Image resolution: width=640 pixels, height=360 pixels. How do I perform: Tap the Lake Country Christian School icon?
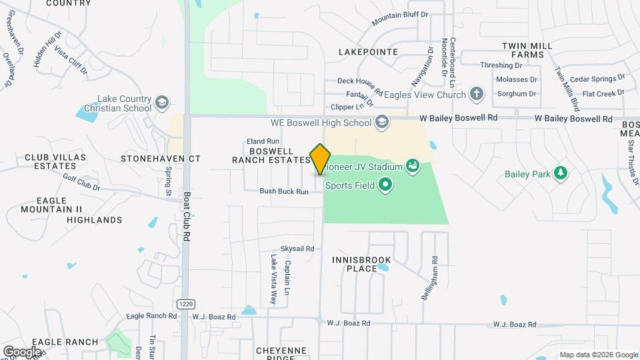point(161,103)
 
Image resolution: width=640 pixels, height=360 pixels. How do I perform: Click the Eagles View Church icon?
point(476,95)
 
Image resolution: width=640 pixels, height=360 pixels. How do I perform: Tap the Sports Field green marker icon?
point(385,185)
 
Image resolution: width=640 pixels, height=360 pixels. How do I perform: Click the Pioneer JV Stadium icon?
point(412,166)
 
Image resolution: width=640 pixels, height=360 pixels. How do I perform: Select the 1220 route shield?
point(186,304)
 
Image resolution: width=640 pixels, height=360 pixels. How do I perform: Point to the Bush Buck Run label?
point(284,191)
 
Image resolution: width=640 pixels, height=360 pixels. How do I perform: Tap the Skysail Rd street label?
point(297,248)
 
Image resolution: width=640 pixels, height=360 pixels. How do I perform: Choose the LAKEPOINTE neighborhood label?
point(368,51)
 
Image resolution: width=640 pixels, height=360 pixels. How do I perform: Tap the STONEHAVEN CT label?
point(160,159)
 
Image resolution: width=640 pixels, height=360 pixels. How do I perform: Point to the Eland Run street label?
point(263,141)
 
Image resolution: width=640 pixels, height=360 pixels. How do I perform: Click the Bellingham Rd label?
point(434,278)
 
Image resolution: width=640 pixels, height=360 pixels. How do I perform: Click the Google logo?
point(22,351)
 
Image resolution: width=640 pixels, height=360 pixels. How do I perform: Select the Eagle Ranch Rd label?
point(146,315)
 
